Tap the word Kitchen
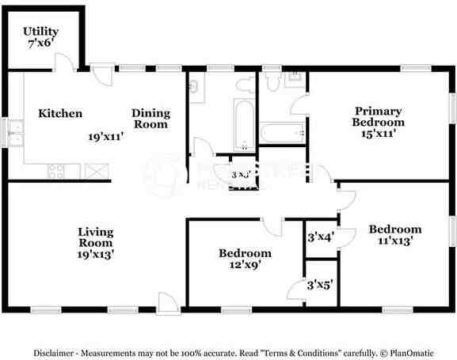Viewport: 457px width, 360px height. pyautogui.click(x=60, y=114)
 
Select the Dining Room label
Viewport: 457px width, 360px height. pyautogui.click(x=150, y=119)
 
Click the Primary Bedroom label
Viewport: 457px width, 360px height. pyautogui.click(x=378, y=117)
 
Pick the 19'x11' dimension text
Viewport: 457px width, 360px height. pyautogui.click(x=105, y=136)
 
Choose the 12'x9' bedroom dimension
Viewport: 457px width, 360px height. pyautogui.click(x=245, y=266)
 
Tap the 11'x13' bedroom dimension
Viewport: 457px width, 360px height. pyautogui.click(x=395, y=242)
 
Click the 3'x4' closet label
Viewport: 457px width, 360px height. pyautogui.click(x=320, y=236)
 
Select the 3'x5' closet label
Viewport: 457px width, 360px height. pyautogui.click(x=320, y=284)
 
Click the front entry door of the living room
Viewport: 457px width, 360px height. pyautogui.click(x=167, y=301)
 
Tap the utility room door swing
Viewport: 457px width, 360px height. pyautogui.click(x=69, y=63)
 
